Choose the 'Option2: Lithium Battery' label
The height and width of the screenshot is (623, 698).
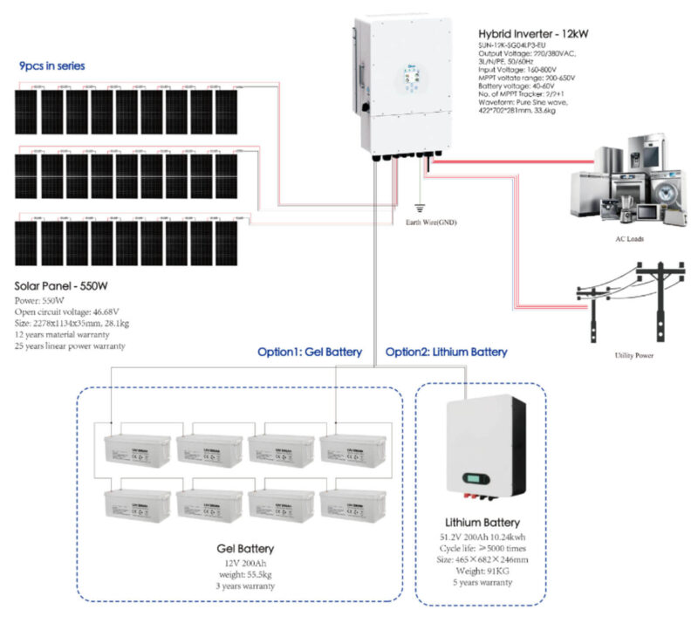[446, 353]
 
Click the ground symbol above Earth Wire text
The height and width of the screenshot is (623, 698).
[421, 209]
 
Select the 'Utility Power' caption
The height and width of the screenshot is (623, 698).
[635, 356]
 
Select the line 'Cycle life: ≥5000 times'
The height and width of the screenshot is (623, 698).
[481, 549]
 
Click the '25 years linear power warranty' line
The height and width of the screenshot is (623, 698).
[71, 346]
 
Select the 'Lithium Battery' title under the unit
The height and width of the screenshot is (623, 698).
[481, 521]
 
